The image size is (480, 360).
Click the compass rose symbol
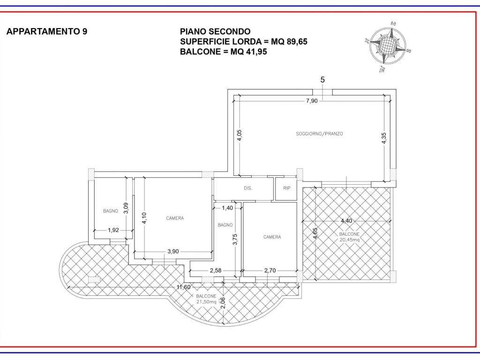tap(388, 46)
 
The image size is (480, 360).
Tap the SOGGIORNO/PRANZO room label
tap(319, 134)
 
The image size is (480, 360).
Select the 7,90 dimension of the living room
tap(312, 101)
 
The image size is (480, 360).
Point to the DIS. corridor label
tap(248, 188)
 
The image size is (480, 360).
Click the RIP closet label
tap(286, 188)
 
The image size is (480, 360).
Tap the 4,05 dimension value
tap(240, 135)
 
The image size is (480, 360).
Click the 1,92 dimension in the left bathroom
tap(113, 230)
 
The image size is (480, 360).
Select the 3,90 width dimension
tap(173, 251)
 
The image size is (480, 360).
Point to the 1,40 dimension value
tap(227, 208)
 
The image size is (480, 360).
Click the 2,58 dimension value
tap(216, 270)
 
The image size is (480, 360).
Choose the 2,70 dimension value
tap(270, 270)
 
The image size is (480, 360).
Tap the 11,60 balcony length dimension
tap(184, 287)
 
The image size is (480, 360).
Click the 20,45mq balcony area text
tap(350, 240)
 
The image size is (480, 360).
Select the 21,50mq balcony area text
tap(206, 302)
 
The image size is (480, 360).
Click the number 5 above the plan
tap(322, 80)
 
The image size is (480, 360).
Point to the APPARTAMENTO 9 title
tap(47, 31)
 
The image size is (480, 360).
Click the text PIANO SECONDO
tap(215, 31)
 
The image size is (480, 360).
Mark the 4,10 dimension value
tap(144, 218)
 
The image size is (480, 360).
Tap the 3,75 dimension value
tap(235, 240)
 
